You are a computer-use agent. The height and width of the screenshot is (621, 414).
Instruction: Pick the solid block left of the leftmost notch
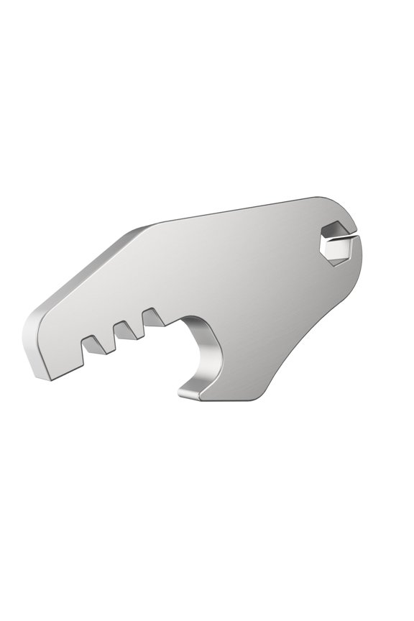61,352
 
